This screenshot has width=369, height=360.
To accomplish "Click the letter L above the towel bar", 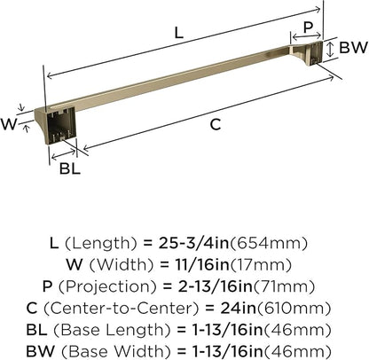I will (178, 33).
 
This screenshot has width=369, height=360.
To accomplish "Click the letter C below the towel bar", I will (214, 125).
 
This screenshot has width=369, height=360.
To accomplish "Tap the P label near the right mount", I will (308, 28).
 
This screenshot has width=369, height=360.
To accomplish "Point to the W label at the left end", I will (9, 124).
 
